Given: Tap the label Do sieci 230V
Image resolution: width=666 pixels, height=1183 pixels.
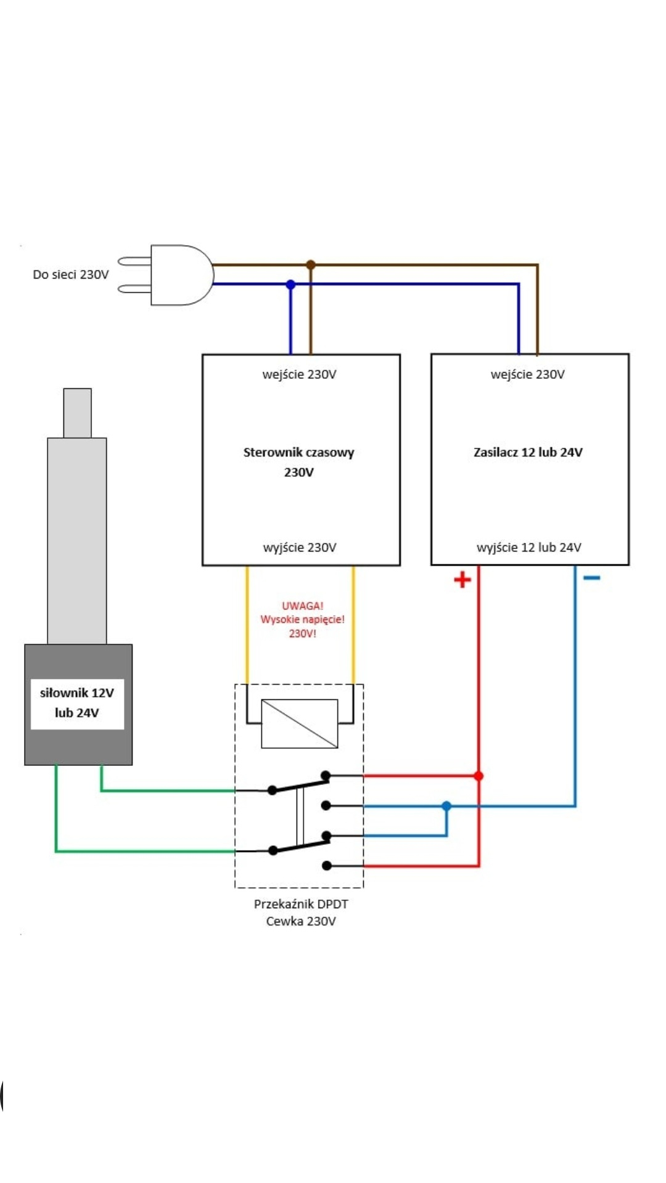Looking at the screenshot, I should (70, 275).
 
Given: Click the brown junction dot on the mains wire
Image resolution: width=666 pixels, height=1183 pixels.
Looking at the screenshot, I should (311, 265).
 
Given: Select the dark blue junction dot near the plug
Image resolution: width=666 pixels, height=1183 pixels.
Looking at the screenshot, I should (290, 285).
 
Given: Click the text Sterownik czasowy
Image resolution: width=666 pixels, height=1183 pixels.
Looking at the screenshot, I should (298, 452).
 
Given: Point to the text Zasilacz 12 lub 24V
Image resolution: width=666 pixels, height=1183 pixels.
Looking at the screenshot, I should (528, 452).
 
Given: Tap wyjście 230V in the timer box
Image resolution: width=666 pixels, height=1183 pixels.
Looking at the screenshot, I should (300, 547).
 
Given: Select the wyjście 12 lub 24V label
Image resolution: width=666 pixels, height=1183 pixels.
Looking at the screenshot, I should (528, 547).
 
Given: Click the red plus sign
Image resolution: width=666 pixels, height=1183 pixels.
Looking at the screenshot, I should (462, 579).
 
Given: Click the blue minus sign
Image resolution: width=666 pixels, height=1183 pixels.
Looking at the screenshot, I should (591, 577).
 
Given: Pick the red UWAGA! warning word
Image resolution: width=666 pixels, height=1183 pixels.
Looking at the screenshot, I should (302, 606).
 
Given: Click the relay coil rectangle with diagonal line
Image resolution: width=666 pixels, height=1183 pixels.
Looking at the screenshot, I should (300, 723).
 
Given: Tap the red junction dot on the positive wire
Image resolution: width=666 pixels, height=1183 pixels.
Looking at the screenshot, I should (479, 776).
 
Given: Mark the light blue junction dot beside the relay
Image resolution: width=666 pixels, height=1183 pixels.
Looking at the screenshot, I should (446, 806).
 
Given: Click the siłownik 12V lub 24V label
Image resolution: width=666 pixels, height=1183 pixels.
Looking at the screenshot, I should (77, 703).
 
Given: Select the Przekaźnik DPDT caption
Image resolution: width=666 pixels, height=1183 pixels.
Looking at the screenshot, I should (301, 904).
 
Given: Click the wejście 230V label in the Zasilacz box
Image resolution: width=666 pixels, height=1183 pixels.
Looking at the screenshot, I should (528, 374).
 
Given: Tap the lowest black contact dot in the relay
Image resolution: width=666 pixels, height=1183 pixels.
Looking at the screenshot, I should (327, 866).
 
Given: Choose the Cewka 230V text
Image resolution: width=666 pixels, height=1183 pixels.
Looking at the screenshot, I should (301, 921).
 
